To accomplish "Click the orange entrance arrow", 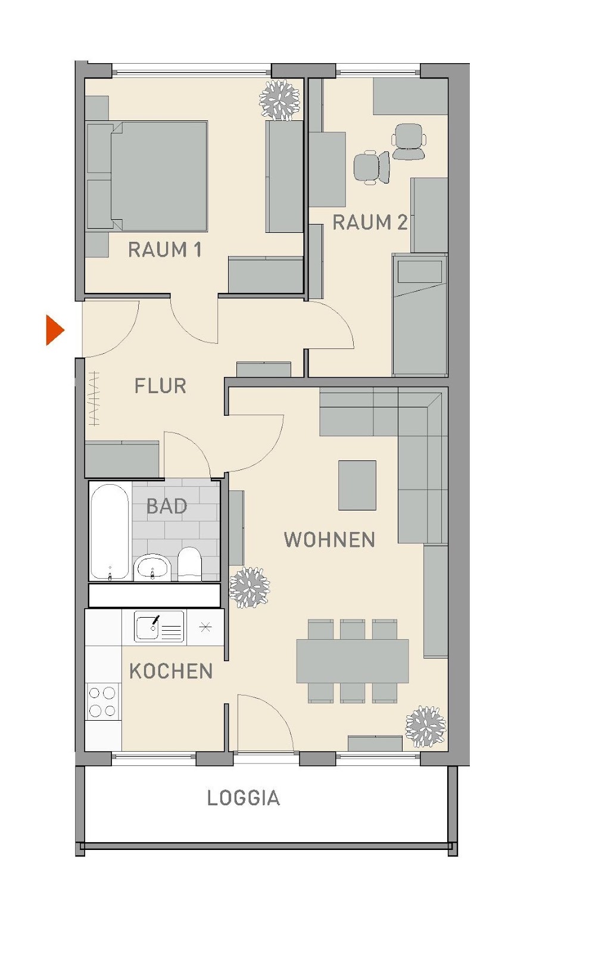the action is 54,330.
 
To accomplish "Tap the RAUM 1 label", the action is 164,250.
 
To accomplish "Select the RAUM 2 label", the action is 369,223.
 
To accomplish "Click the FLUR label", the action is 160,386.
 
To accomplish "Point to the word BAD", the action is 167,506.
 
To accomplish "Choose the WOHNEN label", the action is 329,540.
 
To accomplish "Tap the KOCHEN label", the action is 171,671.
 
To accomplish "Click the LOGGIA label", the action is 244,798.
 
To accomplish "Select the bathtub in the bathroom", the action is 110,532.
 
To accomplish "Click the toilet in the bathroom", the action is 189,564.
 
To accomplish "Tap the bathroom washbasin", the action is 152,568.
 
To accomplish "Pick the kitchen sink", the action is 159,627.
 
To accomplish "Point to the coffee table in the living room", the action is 357,485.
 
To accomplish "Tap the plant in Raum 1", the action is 279,99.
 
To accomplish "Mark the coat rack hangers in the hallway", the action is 95,398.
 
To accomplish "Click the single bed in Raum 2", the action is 420,315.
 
